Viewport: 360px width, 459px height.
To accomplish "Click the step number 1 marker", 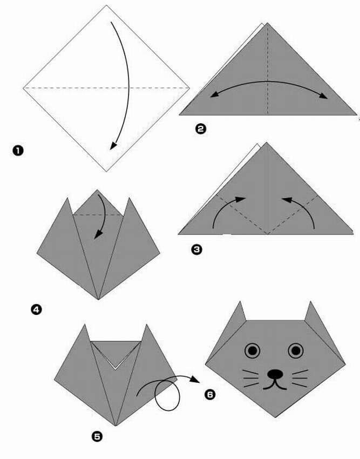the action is click(18, 151).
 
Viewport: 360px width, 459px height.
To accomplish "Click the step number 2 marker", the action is click(200, 129).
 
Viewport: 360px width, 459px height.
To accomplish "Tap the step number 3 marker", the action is click(196, 249).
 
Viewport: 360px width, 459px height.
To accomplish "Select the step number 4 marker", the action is click(36, 309).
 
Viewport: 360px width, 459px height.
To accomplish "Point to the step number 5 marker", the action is click(97, 437).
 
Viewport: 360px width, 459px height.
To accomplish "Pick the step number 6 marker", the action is click(210, 394).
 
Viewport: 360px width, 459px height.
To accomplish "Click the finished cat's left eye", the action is click(253, 350).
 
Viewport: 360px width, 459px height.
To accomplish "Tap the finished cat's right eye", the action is click(296, 350).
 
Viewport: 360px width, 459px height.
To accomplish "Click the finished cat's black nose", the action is click(275, 374).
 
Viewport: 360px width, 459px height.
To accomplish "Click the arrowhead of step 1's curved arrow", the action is click(113, 145).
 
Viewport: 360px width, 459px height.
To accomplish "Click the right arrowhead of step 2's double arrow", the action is click(323, 96).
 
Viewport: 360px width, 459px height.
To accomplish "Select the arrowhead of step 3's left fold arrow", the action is click(241, 199).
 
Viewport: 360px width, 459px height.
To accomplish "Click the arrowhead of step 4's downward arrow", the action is click(98, 234).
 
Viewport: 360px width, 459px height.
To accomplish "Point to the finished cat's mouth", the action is click(275, 385).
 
